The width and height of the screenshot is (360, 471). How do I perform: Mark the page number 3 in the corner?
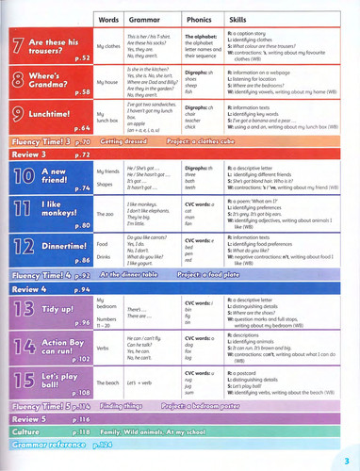[347, 459]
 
